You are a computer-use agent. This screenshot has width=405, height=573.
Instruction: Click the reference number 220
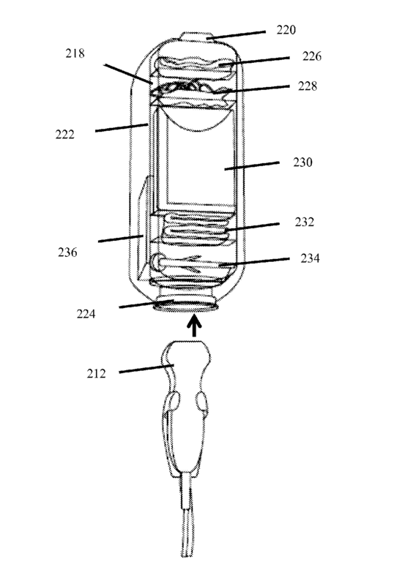tap(286, 29)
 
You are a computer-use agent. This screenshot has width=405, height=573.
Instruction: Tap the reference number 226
tap(312, 56)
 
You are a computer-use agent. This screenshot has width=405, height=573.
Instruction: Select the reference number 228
tap(308, 86)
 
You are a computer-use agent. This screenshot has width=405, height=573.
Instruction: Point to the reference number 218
tap(75, 53)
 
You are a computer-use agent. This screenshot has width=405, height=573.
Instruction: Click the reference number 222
tap(64, 134)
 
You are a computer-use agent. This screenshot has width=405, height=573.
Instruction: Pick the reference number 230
tap(302, 162)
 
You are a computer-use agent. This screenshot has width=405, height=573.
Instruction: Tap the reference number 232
tap(305, 222)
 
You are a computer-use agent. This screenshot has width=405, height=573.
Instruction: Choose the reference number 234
tap(310, 258)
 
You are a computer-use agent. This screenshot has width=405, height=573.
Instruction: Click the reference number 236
tap(67, 252)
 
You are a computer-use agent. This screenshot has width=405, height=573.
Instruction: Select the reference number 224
tap(86, 313)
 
